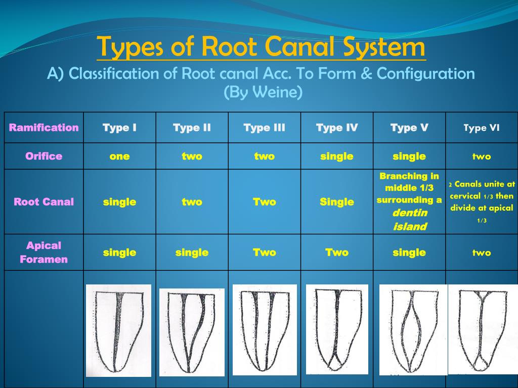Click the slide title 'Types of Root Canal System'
[261, 47]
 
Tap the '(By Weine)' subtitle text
[263, 92]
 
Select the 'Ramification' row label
[44, 127]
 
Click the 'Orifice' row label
[44, 156]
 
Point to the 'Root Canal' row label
[44, 202]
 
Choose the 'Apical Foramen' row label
[44, 252]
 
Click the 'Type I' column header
[119, 127]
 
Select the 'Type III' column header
[264, 127]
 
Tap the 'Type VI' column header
[481, 128]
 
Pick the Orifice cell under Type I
[119, 156]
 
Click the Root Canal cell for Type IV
[336, 202]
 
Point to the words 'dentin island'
[409, 220]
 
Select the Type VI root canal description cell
[481, 202]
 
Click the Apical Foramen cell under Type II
[192, 252]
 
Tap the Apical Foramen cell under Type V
[409, 252]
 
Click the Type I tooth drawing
[118, 330]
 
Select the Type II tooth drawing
[192, 332]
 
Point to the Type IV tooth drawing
[337, 329]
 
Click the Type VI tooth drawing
[482, 329]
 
